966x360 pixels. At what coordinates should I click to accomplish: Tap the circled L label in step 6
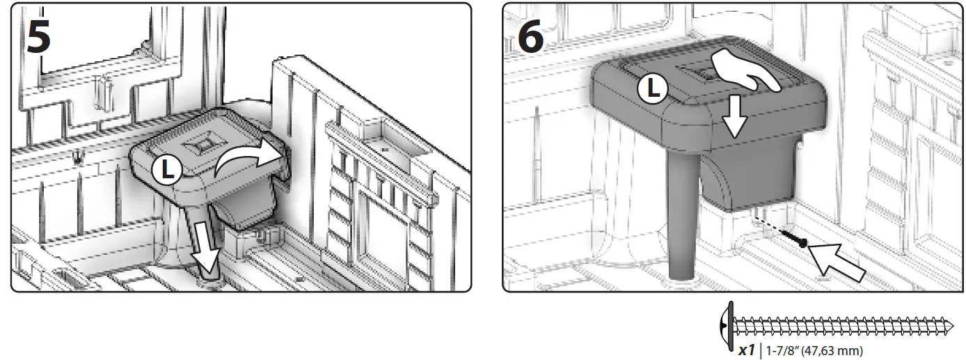coord(652,89)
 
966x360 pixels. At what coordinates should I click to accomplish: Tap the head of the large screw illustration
coord(728,325)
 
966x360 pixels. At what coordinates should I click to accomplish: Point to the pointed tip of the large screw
coord(951,325)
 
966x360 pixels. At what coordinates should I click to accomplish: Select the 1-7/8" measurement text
coord(779,351)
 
